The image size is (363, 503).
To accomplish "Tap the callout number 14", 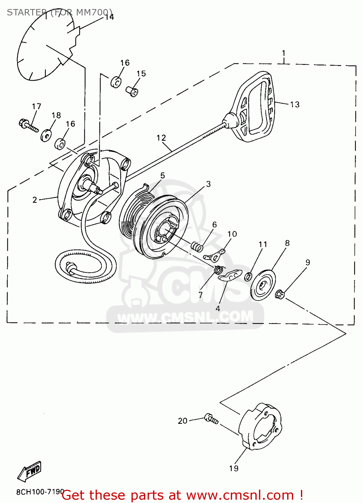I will point(109,17).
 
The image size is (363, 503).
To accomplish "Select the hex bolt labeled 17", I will point(28,126).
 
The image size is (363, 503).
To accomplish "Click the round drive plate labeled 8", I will point(263,285).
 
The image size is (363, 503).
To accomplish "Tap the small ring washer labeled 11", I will point(248,277).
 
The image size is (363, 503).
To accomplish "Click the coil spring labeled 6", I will point(197,247).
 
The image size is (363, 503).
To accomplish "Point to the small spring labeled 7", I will point(219,269).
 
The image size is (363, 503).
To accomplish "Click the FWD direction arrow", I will point(30,471).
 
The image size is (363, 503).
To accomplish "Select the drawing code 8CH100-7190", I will point(40,492).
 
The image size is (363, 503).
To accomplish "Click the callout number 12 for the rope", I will point(161,138).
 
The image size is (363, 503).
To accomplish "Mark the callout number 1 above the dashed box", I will point(283,53).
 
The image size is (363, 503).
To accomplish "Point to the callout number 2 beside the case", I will point(35,200).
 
